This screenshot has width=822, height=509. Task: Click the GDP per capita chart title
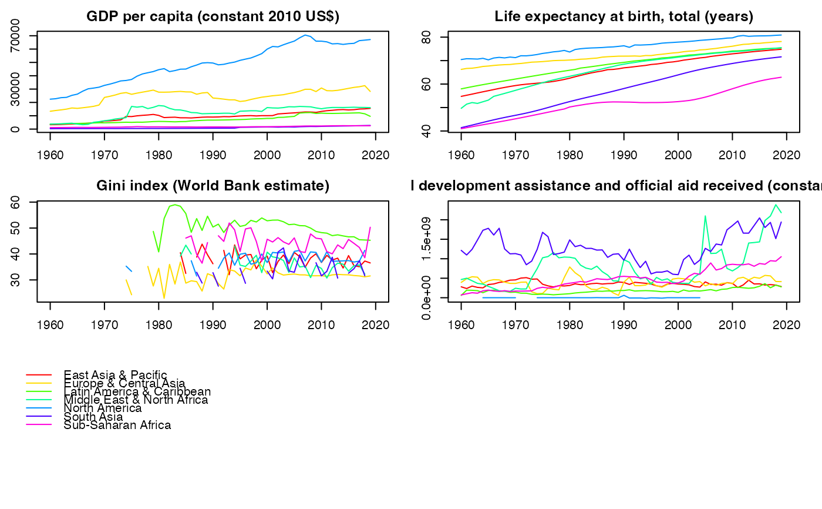(x=213, y=16)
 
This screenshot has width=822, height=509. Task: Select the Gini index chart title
(x=213, y=186)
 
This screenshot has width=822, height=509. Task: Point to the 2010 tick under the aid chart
(x=732, y=324)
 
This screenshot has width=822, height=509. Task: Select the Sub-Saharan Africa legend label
(x=117, y=425)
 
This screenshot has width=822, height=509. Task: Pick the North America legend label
(x=103, y=408)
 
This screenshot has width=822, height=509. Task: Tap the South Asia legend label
(x=93, y=417)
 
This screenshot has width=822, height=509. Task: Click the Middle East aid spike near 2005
(x=705, y=216)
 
